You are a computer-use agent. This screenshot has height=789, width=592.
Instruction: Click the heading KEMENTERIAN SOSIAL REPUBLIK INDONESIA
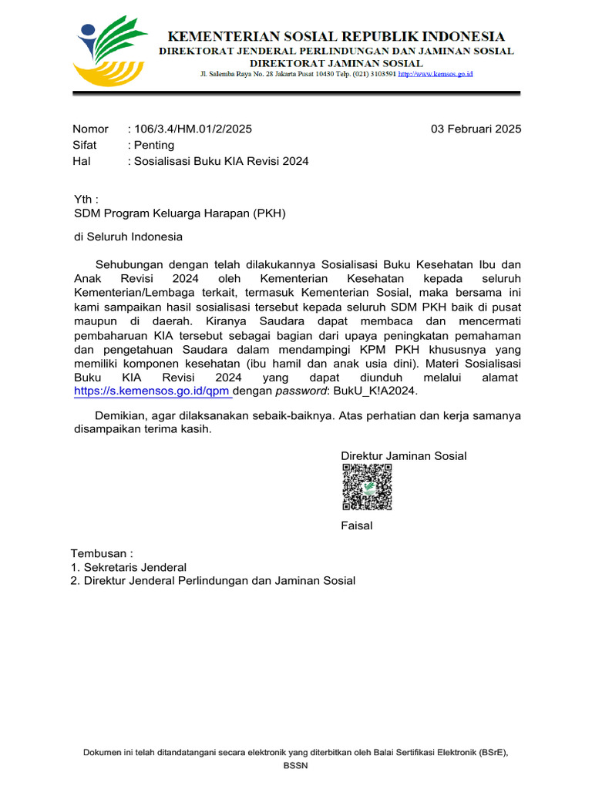337,36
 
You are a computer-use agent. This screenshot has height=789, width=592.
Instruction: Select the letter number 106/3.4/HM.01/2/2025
193,129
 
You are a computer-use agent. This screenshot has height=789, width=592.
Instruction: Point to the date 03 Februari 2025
476,129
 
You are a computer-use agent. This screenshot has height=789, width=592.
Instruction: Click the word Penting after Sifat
154,145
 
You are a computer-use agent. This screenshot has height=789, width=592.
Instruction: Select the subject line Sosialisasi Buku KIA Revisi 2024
221,161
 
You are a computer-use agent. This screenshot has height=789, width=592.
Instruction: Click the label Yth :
86,199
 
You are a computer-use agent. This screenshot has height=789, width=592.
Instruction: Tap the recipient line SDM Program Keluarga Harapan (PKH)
180,213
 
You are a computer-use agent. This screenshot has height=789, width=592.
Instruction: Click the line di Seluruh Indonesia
128,237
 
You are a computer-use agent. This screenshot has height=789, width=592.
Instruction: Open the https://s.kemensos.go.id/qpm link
152,391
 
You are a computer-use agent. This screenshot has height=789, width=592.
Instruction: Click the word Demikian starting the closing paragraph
119,415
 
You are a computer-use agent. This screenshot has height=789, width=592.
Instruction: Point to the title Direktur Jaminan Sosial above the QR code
404,455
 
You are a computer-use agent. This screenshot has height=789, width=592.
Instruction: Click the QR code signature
367,488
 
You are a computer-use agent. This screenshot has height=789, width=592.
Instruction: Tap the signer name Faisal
357,525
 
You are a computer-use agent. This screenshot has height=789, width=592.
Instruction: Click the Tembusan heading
102,553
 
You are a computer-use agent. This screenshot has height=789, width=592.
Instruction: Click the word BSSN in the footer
295,766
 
